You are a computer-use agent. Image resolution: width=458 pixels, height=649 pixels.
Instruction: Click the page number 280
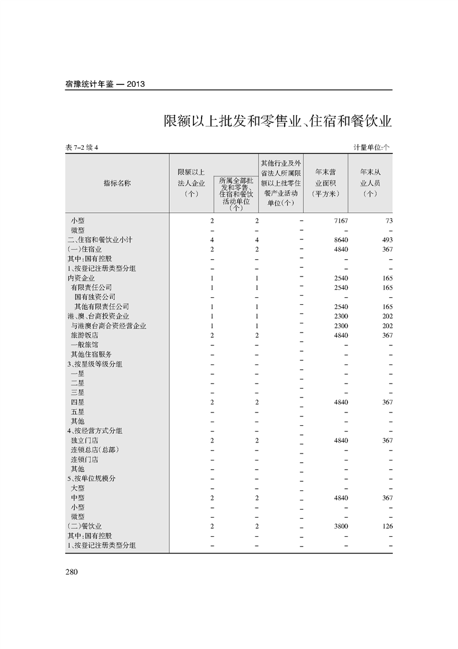[x=72, y=571]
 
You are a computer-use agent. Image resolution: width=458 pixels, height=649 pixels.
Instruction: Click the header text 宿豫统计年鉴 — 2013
[x=105, y=84]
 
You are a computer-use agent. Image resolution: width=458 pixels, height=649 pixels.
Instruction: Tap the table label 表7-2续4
[x=83, y=147]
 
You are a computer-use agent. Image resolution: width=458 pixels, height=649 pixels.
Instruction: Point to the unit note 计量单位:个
[x=371, y=147]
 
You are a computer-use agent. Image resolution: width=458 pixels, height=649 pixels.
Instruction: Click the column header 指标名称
[x=117, y=183]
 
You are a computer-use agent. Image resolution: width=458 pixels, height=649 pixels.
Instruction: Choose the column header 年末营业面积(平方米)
[x=326, y=183]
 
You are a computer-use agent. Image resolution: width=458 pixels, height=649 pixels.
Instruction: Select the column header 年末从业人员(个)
[x=370, y=183]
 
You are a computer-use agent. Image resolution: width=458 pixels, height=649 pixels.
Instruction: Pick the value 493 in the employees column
[x=387, y=240]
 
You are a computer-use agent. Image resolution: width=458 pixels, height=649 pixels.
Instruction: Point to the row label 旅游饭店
[x=84, y=335]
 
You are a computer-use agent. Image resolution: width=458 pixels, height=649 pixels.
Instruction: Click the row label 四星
[x=77, y=403]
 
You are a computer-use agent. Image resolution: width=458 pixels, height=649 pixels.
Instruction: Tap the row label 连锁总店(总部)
[x=95, y=450]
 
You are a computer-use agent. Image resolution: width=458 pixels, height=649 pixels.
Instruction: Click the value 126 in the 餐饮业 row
[x=387, y=526]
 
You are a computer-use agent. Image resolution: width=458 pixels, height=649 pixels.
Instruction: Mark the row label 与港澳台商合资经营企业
[x=109, y=326]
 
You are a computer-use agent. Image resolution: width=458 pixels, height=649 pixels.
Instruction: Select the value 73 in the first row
[x=389, y=221]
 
